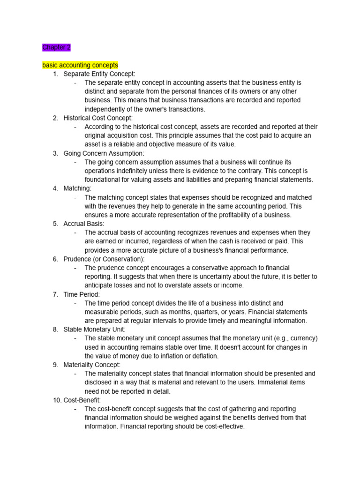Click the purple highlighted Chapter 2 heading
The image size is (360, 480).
coord(56,47)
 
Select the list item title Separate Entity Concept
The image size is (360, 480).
coord(99,74)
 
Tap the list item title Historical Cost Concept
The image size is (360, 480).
coord(98,118)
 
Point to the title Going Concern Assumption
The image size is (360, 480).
coord(104,153)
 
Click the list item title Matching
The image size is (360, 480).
coord(77,188)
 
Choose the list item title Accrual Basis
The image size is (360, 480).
coord(83,224)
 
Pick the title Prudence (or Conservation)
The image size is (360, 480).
coord(104,259)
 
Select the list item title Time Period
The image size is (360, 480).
coord(82,294)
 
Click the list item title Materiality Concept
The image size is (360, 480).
coord(92,365)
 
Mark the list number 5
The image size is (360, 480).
coord(55,224)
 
